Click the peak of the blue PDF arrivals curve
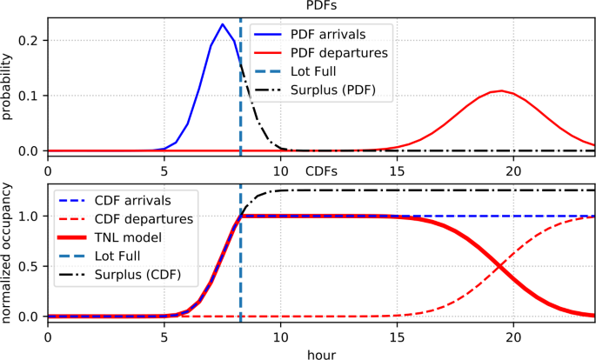pos(223,24)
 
